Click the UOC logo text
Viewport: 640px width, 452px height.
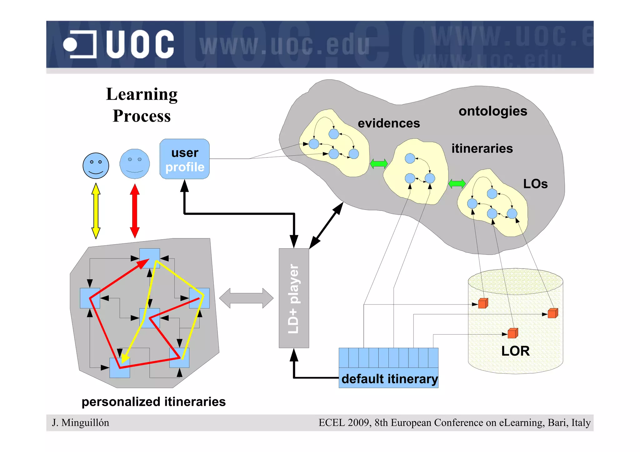pos(140,44)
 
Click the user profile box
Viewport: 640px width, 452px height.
pos(184,159)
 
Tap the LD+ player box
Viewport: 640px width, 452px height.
pos(294,298)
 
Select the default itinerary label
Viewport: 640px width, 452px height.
pos(389,379)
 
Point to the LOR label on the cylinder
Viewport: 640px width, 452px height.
pos(515,351)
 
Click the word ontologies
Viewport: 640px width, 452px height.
pos(493,111)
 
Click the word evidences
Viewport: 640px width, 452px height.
pos(389,123)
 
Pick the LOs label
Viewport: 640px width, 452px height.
pos(535,184)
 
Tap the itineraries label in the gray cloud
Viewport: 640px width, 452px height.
pos(482,148)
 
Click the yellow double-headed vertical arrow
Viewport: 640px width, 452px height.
pos(96,211)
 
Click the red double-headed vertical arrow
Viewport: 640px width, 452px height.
pos(135,211)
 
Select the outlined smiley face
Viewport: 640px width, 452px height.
pos(96,166)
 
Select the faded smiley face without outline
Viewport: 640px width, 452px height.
pos(135,164)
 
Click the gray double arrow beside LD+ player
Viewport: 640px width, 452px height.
pos(246,298)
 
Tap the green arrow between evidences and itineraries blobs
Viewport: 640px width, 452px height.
pos(379,164)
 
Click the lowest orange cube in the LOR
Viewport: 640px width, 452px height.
pos(512,333)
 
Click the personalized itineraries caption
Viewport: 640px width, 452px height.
pos(153,402)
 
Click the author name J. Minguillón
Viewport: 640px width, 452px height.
pos(81,423)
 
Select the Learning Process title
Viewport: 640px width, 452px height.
pos(142,105)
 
